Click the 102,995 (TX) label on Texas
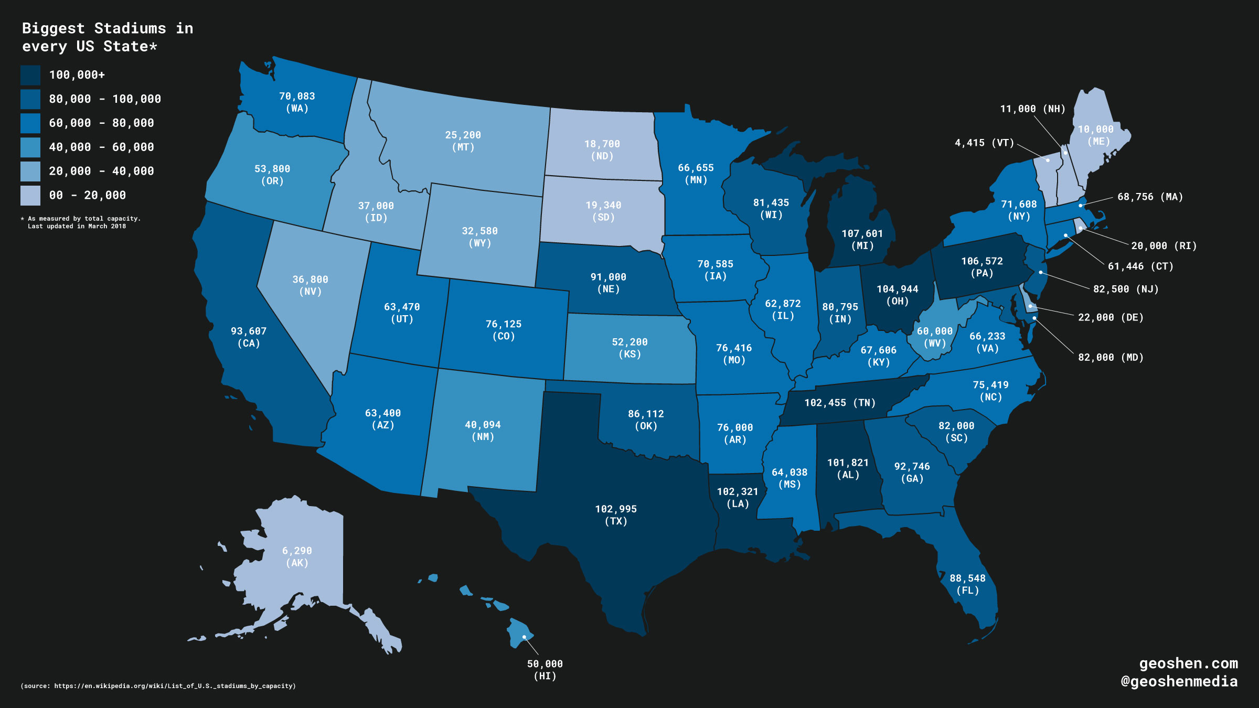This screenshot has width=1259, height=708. tap(616, 514)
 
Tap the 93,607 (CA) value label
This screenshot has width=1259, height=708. tap(249, 337)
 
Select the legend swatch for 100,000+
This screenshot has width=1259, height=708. tap(30, 75)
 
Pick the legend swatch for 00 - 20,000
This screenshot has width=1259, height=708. tap(30, 195)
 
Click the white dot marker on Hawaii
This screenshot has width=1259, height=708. tap(524, 637)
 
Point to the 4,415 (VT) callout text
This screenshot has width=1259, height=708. tap(984, 143)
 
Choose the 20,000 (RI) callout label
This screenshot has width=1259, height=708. tap(1164, 245)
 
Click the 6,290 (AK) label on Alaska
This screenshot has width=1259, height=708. tap(297, 556)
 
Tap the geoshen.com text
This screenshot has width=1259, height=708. tap(1188, 663)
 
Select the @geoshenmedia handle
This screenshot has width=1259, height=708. tap(1179, 681)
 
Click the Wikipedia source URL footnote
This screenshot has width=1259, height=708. tap(158, 685)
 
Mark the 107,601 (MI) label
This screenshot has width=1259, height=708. tap(862, 239)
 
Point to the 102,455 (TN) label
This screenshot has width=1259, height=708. tap(840, 403)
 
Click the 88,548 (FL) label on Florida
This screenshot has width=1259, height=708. tap(967, 584)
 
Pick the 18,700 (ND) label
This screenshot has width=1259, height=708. tap(602, 149)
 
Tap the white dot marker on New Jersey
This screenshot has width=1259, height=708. tap(1041, 272)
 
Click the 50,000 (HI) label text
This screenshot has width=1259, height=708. tap(545, 669)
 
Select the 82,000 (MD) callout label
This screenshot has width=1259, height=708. tap(1111, 357)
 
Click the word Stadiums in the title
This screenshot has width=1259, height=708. tap(130, 28)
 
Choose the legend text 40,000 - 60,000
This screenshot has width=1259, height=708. tap(101, 147)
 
